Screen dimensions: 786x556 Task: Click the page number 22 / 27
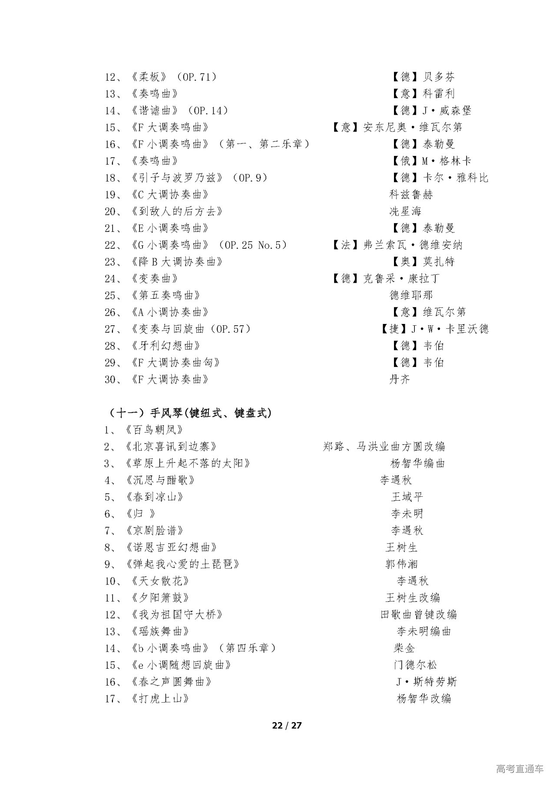(x=286, y=725)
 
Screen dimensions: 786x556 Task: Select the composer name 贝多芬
(x=439, y=77)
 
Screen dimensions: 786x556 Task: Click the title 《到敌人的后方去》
(x=177, y=211)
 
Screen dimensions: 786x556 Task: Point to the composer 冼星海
(x=405, y=211)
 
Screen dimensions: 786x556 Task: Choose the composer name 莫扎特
(x=439, y=262)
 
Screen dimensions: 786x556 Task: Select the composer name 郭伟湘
(x=401, y=564)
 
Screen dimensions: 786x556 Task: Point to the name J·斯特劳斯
(x=427, y=682)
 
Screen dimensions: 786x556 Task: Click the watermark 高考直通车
(x=520, y=769)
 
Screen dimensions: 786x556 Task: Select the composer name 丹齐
(x=399, y=380)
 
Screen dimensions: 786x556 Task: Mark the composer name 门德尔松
(x=415, y=665)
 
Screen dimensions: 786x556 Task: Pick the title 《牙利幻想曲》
(x=166, y=346)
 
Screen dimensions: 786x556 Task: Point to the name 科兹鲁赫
(x=411, y=195)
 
